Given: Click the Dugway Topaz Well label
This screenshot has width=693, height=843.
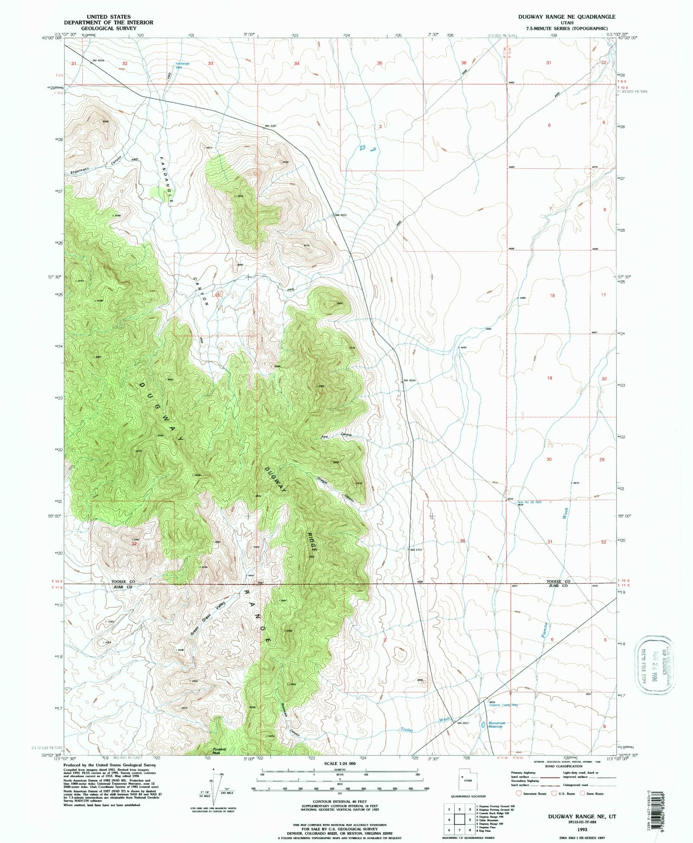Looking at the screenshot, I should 503,705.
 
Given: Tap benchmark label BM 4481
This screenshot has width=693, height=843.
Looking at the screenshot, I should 270,126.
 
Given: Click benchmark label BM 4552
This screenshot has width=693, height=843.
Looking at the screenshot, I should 340,215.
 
